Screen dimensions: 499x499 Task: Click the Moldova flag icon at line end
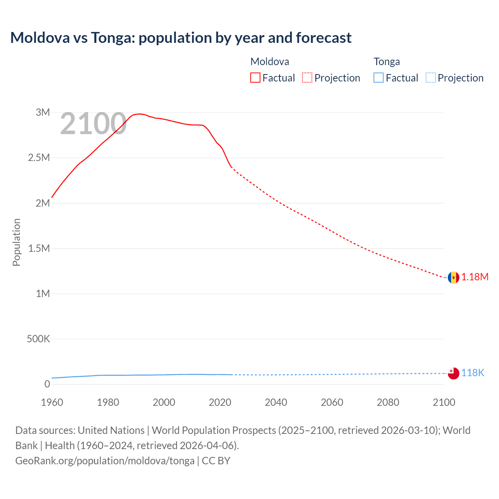(x=453, y=278)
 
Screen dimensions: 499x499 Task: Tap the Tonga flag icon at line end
(x=453, y=373)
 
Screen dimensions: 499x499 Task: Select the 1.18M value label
(x=475, y=277)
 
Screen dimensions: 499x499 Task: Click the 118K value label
(x=472, y=373)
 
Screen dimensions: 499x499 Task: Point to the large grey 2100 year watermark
(x=93, y=124)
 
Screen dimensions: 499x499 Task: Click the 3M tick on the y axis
(x=43, y=113)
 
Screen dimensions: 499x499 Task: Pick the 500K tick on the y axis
(x=38, y=339)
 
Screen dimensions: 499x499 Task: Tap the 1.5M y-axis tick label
(x=39, y=249)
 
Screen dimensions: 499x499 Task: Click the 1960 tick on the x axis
(x=52, y=403)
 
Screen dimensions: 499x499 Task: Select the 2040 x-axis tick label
(x=276, y=403)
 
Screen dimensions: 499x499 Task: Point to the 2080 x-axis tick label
(x=388, y=403)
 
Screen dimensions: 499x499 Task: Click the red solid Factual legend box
(x=255, y=78)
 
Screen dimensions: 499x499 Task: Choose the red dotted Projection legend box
(x=307, y=78)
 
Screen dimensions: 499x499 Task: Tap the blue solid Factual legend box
(x=379, y=78)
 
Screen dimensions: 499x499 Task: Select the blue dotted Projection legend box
(x=430, y=78)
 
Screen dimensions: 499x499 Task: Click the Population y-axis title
(x=16, y=242)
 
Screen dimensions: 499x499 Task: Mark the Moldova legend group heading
(x=270, y=62)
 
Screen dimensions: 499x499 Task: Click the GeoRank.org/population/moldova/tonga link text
(x=105, y=461)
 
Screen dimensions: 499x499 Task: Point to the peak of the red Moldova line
(x=140, y=114)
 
